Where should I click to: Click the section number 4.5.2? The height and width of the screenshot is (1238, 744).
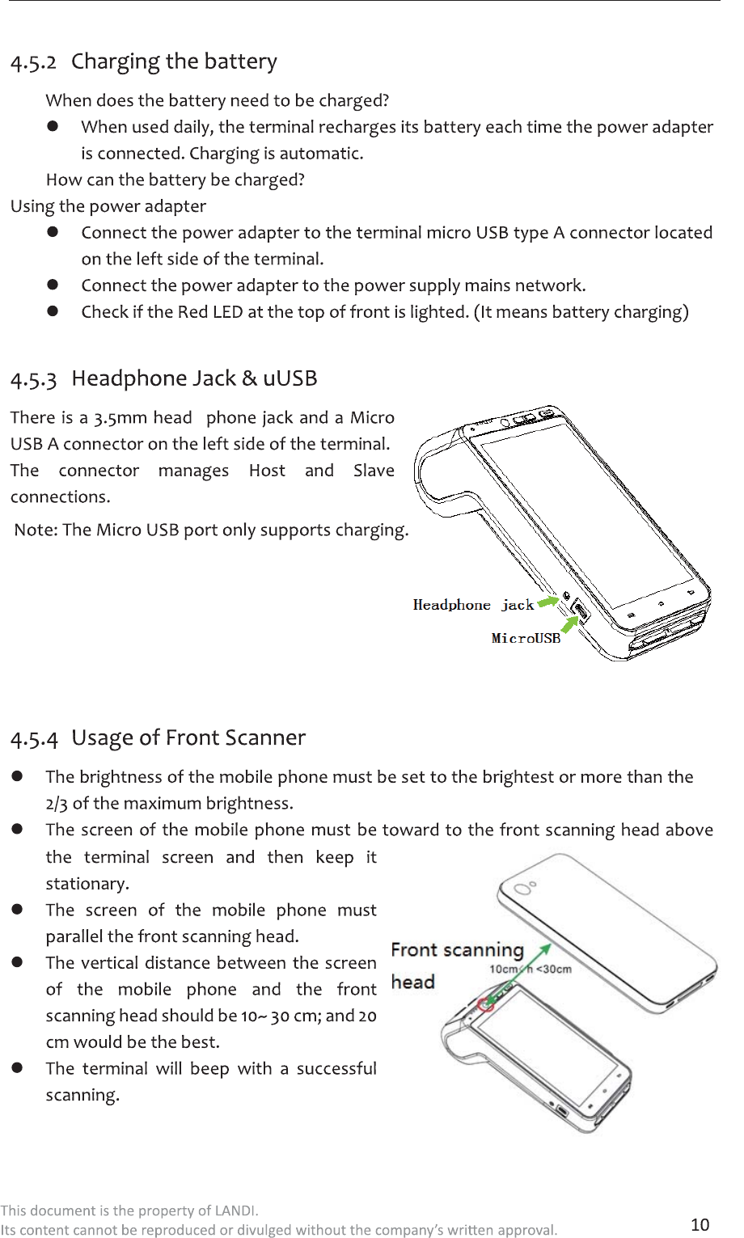(x=33, y=62)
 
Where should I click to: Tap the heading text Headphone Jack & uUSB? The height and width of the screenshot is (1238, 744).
(x=194, y=378)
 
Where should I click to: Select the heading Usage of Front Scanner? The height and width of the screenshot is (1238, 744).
(x=188, y=737)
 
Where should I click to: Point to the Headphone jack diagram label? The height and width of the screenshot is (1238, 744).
(x=473, y=605)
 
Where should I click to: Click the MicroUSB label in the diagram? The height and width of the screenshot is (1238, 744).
(x=526, y=638)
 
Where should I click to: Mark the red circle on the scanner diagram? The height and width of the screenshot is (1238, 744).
(x=486, y=1004)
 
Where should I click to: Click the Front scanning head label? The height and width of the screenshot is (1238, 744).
(x=457, y=965)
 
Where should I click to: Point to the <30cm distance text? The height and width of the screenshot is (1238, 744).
(x=554, y=969)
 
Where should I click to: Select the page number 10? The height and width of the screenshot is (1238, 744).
(x=700, y=1224)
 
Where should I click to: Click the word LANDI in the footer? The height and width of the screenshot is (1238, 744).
(x=235, y=1211)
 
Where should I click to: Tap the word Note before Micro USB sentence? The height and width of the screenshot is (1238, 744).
(x=35, y=530)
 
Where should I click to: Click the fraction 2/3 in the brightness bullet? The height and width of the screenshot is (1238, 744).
(x=57, y=803)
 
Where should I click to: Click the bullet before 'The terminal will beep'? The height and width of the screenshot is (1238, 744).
(x=16, y=1067)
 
